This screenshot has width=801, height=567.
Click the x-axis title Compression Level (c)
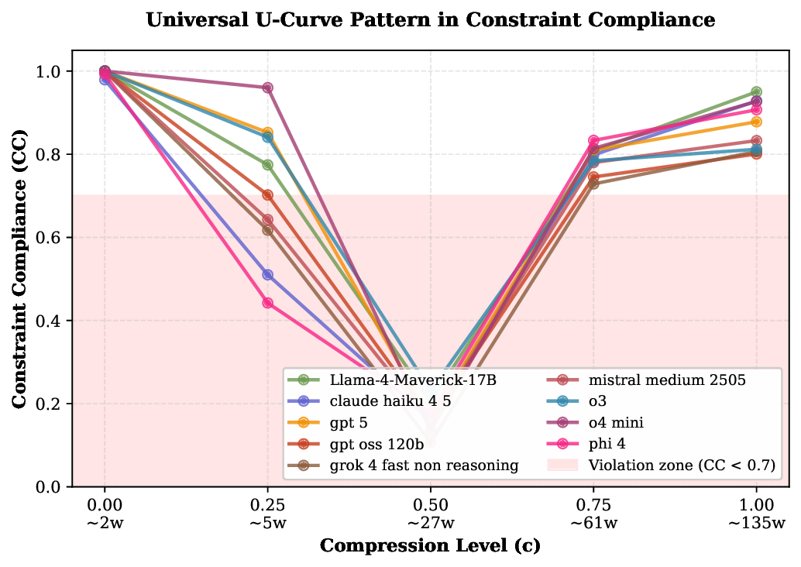click(x=430, y=545)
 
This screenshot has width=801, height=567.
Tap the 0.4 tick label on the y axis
click(x=52, y=321)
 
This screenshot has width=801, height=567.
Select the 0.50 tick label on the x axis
click(x=430, y=505)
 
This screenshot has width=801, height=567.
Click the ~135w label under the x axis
click(x=756, y=523)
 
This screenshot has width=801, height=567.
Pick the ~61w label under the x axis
click(x=593, y=523)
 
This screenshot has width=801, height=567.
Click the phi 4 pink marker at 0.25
click(x=267, y=303)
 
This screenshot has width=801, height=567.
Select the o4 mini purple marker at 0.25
click(x=267, y=88)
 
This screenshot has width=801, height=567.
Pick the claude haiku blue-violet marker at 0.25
click(x=267, y=274)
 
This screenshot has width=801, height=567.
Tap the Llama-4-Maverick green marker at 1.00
click(x=756, y=92)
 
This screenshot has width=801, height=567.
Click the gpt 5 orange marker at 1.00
click(x=756, y=122)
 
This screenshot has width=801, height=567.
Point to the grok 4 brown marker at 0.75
click(x=593, y=184)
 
